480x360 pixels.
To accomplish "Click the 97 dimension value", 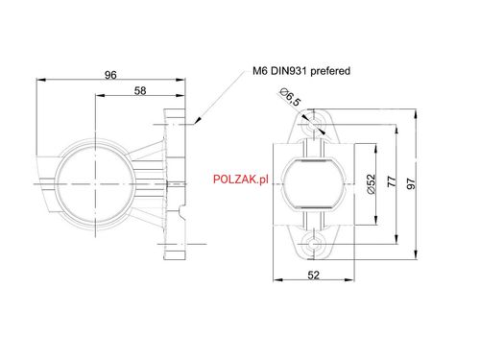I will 413,183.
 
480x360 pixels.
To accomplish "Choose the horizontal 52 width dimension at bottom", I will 314,276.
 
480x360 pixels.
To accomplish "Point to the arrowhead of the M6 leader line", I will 194,122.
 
